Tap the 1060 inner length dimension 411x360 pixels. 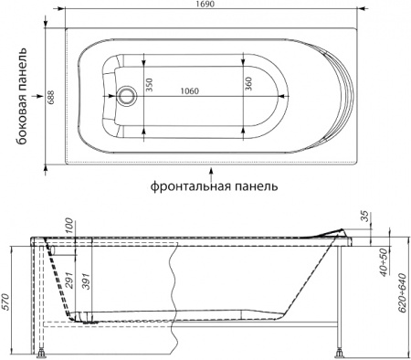(x=190, y=90)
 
